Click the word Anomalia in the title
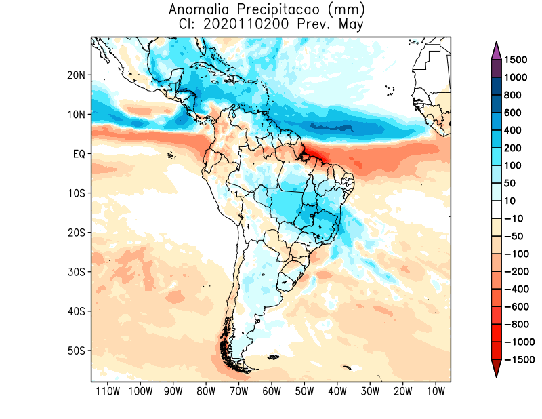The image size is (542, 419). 197,9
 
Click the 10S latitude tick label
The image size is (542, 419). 76,193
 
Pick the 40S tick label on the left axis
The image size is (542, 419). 76,311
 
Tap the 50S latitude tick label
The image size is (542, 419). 76,351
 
